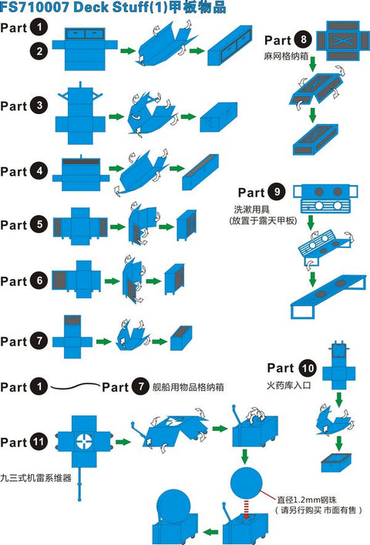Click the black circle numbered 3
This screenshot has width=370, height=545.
click(39, 106)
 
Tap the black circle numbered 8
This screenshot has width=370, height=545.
click(303, 39)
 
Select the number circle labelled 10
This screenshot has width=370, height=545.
click(308, 368)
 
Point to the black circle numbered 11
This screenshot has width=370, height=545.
click(39, 442)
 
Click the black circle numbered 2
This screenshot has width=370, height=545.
click(39, 51)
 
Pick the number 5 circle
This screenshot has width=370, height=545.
click(39, 225)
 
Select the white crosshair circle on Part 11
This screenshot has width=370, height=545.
click(84, 442)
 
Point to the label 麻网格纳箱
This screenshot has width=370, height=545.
click(286, 56)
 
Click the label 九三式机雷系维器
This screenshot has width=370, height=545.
click(35, 478)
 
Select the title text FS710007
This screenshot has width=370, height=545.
click(35, 7)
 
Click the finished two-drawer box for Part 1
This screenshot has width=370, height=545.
click(230, 45)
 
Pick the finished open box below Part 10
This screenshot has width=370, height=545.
click(336, 462)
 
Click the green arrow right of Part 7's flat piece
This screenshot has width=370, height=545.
click(103, 341)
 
